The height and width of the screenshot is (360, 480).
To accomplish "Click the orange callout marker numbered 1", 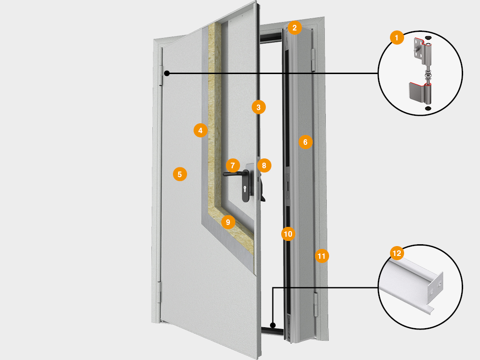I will point(397,37).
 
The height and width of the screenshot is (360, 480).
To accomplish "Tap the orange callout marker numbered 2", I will point(294,28).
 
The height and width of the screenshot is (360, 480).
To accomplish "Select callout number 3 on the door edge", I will point(258,107).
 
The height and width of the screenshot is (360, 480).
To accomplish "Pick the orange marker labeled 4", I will point(201,130).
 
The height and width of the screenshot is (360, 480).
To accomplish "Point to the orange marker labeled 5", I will point(180,174).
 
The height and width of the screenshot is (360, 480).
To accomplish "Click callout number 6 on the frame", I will point(305,142).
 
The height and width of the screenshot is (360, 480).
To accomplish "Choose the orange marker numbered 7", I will point(232,165).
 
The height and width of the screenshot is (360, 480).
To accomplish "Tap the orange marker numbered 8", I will point(264,165).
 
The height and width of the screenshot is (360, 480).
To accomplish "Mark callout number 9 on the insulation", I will point(228,222).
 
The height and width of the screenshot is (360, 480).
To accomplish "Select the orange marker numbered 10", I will point(288,233).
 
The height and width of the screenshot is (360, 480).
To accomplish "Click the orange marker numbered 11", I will point(322,256).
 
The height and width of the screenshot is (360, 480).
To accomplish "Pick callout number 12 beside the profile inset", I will point(397,254).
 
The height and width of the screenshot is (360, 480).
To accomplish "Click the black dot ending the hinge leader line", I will point(167,73).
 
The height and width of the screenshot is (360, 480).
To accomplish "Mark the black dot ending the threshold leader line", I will point(273,324).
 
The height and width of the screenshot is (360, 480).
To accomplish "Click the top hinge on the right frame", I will point(313,59).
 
